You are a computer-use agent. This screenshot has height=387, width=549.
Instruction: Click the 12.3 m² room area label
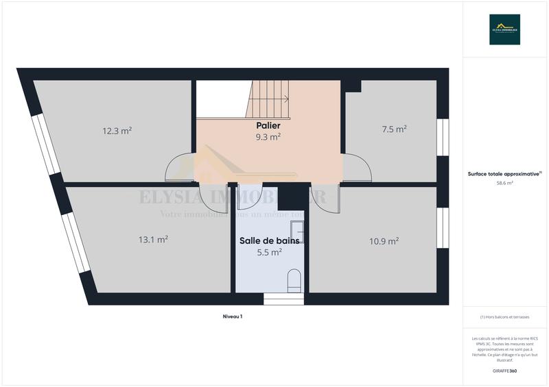[117, 131]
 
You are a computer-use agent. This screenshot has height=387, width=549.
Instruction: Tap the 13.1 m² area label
[153, 240]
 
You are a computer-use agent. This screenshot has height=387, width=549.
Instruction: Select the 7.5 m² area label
[395, 129]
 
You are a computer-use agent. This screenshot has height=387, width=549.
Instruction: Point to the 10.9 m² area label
[384, 241]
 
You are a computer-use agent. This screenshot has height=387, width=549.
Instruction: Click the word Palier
[268, 126]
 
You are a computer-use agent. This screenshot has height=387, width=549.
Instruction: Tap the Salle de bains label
[269, 241]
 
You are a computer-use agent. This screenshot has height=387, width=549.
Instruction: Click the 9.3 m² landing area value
[268, 137]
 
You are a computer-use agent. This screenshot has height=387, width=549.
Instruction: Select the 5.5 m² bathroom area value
[269, 252]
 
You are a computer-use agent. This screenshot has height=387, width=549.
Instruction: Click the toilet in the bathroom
[294, 279]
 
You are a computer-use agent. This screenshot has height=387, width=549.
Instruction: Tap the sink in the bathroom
[297, 233]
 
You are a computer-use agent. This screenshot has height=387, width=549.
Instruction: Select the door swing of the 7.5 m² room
[358, 167]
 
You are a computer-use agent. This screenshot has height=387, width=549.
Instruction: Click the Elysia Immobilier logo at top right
[504, 29]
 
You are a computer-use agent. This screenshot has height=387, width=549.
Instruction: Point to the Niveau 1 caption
[233, 316]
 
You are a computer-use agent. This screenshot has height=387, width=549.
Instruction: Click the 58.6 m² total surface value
[504, 184]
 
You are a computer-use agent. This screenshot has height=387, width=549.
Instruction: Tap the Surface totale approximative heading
[504, 174]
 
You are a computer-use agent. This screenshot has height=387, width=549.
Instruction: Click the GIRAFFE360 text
[504, 371]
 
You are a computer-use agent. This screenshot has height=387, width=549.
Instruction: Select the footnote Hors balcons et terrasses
[504, 317]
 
